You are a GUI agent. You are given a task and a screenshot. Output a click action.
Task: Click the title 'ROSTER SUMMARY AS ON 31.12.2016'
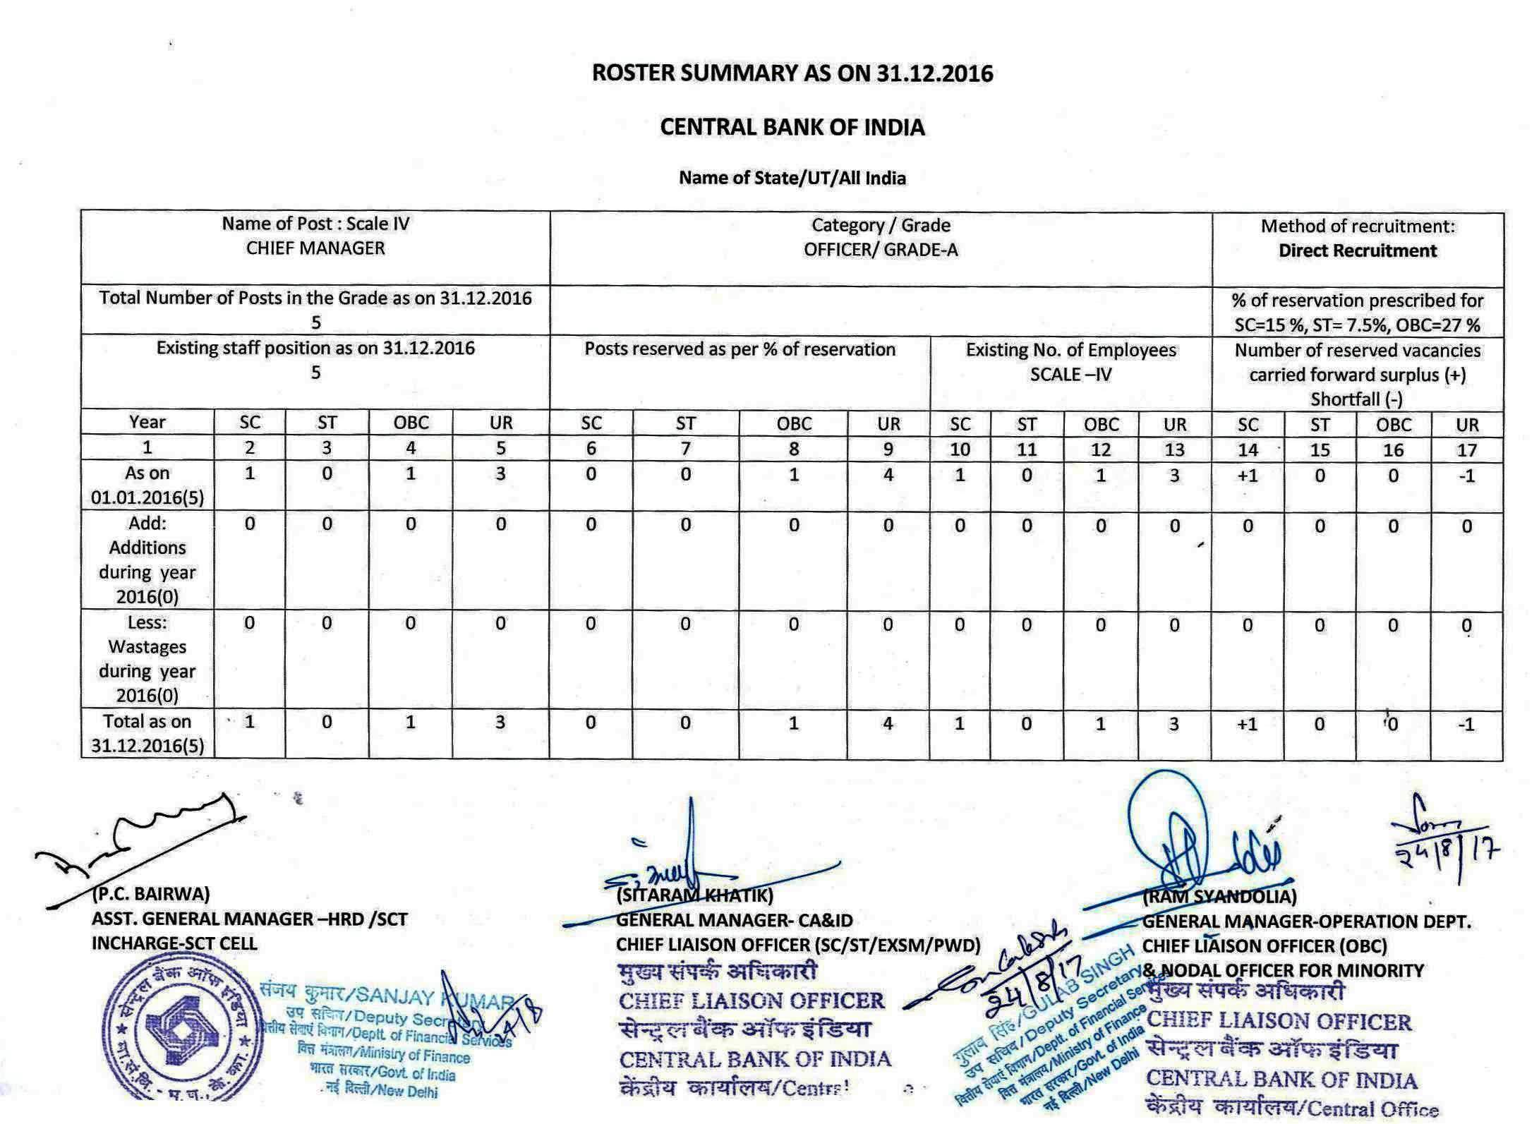click(792, 73)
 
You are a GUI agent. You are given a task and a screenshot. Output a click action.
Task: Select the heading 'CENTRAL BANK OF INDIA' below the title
click(792, 128)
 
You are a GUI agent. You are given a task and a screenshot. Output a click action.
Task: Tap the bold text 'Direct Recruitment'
click(1357, 251)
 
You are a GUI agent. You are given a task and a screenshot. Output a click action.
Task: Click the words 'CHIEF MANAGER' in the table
click(315, 248)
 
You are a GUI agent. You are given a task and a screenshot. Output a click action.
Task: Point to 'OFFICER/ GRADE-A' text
click(881, 250)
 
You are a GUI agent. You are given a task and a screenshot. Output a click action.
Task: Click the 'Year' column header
click(147, 422)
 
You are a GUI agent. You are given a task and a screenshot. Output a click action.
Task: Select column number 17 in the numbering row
click(1466, 449)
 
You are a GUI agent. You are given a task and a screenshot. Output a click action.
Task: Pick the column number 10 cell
click(960, 449)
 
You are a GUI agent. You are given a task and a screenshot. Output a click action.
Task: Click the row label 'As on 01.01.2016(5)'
click(147, 485)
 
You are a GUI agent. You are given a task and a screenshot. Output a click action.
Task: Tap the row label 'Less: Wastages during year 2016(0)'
click(147, 659)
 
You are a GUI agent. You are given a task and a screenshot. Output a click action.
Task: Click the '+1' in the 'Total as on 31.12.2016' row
click(1247, 724)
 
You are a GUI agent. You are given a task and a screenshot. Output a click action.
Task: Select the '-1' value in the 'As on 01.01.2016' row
click(1466, 476)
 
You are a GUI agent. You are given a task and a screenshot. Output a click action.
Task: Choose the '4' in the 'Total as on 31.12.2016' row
click(888, 723)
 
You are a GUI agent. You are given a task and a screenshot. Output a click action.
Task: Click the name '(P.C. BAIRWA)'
click(151, 894)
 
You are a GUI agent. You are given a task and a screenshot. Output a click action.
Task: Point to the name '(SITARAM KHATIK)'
click(694, 895)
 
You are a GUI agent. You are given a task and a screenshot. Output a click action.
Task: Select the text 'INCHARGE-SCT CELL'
click(174, 943)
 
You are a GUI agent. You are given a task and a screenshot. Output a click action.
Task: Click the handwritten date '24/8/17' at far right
click(1447, 852)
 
